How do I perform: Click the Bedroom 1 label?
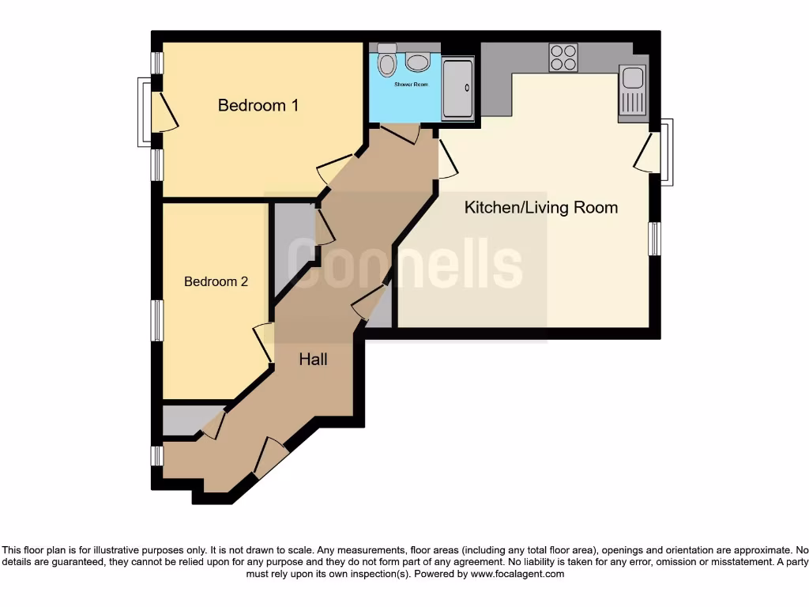pos(258,105)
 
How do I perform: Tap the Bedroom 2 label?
pos(216,281)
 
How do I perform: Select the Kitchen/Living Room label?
pos(540,208)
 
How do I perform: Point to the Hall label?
pos(313,360)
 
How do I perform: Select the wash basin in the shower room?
pos(418,62)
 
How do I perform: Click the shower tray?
pos(457,89)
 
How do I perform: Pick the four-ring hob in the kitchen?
pos(563,58)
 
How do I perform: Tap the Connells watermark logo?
pos(404,263)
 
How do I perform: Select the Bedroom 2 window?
pos(158,320)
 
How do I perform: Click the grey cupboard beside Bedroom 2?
pos(291,245)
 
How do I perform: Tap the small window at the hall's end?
pos(157,455)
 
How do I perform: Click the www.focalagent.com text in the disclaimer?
pos(517,575)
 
